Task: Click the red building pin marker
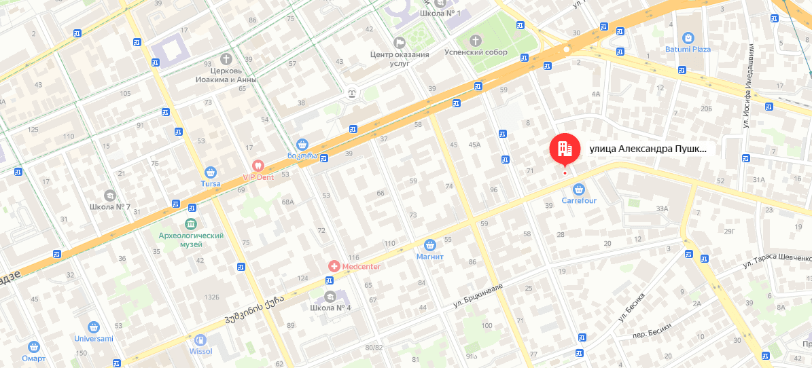565,148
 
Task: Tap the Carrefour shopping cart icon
579,189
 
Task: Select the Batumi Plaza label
688,50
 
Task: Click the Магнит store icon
429,244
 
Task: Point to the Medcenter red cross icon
334,266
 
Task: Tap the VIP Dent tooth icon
258,165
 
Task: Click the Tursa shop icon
211,172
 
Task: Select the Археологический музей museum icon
190,223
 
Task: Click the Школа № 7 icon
109,196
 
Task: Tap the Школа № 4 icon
330,296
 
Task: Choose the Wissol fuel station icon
200,340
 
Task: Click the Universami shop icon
94,327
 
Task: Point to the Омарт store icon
33,347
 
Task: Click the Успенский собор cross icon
476,40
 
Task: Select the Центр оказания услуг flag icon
399,42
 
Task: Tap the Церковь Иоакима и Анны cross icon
226,59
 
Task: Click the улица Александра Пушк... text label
648,149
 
